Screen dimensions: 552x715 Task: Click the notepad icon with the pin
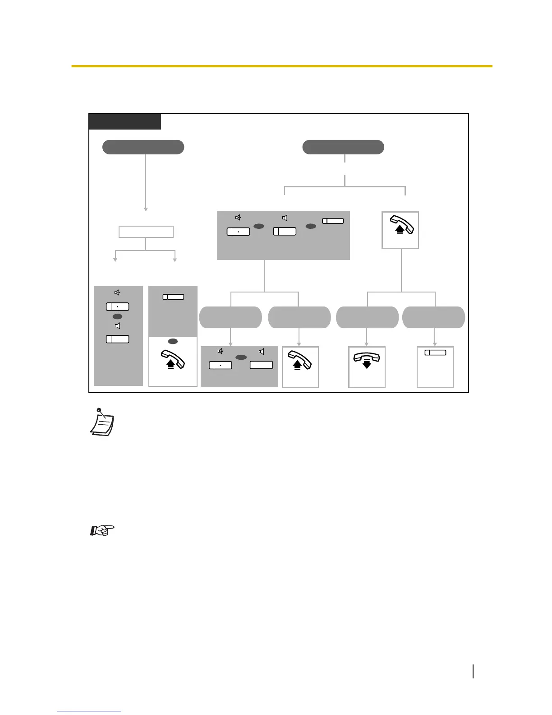tap(102, 422)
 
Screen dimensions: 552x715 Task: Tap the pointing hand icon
tap(102, 530)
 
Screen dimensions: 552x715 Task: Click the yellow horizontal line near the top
tap(281, 66)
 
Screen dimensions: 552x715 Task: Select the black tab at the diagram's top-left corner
tap(125, 121)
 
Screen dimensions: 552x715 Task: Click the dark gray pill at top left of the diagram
tap(143, 147)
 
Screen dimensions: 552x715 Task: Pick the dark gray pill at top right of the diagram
tap(343, 147)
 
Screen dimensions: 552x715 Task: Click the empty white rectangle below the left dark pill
tap(146, 232)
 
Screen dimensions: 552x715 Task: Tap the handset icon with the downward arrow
tap(367, 360)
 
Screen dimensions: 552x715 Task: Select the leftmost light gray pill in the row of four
tap(230, 317)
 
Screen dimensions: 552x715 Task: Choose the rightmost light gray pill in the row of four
tap(433, 317)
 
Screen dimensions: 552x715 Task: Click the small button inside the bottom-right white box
tap(435, 353)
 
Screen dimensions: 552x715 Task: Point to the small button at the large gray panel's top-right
tap(333, 221)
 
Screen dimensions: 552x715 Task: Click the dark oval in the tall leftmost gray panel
tap(117, 317)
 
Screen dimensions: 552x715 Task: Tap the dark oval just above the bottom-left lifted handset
tap(173, 342)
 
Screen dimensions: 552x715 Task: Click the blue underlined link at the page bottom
tap(89, 711)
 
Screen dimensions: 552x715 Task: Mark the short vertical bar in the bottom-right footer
tap(473, 671)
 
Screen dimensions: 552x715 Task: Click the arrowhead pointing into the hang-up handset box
tap(367, 344)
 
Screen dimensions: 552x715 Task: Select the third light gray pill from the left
tap(367, 317)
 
